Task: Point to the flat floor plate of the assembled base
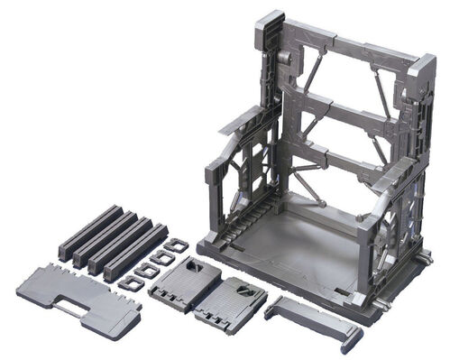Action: point(298,245)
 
